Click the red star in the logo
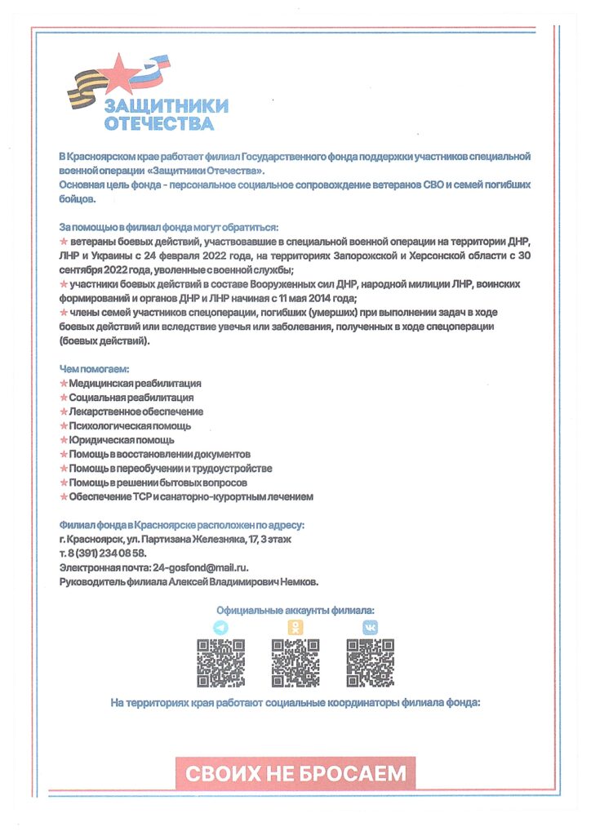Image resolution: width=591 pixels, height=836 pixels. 120,72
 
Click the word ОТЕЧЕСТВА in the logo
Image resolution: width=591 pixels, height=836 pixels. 159,124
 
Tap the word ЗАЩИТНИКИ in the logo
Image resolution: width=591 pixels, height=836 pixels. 167,106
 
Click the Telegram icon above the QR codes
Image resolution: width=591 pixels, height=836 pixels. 220,627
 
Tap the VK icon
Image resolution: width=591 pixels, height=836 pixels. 371,627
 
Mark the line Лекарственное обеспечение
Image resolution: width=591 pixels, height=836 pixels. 136,411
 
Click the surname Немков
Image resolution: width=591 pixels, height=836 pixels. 296,581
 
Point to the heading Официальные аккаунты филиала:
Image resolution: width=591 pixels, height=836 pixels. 295,610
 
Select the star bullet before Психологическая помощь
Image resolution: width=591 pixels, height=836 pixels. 64,426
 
